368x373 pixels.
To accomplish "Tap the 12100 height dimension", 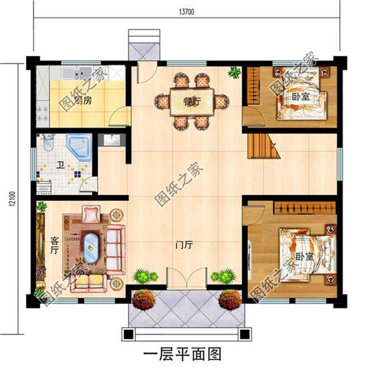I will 12,199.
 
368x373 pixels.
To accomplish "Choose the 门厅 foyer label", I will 184,244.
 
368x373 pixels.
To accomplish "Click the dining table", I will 191,102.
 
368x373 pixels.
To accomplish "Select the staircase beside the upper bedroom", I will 262,145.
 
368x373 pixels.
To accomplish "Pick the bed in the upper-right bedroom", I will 299,95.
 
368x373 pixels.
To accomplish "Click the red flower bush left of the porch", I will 144,299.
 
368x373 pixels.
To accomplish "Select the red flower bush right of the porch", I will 230,299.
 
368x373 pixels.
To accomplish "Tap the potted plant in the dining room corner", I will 234,73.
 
